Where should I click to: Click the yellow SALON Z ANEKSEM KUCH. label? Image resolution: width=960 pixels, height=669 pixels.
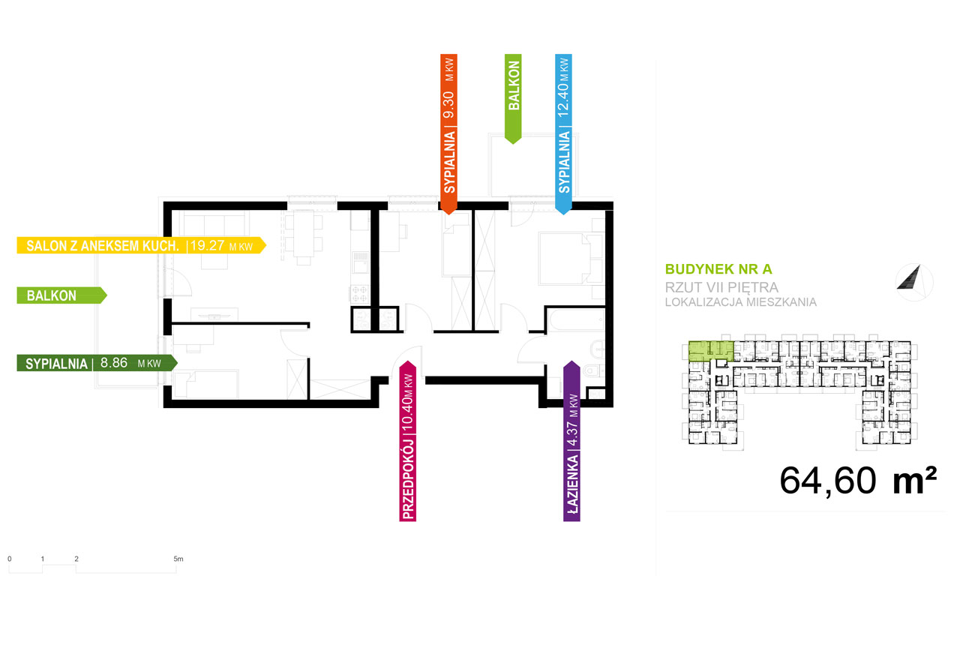point(142,245)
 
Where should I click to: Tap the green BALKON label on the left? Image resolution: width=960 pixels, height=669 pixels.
point(61,295)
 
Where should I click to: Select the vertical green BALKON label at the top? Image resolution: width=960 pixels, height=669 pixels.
point(513,99)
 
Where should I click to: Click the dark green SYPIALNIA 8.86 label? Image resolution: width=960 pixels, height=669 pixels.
point(97,363)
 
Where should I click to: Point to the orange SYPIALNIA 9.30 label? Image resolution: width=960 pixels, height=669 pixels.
point(448,134)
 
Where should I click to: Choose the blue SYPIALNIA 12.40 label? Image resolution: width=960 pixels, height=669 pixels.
point(563,134)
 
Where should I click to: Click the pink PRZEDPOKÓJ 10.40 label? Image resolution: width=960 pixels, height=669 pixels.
point(407,441)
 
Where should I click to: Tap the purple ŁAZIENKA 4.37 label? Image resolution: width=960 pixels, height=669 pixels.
point(571,441)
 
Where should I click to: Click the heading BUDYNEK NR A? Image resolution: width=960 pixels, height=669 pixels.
point(718,269)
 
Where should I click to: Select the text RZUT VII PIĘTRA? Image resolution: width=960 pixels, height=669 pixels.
point(721,287)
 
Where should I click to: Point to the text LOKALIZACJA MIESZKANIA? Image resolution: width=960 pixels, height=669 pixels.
point(740,302)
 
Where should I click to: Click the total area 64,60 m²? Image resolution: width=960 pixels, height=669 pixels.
point(858,481)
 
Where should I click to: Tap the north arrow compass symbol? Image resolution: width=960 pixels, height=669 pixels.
point(913,282)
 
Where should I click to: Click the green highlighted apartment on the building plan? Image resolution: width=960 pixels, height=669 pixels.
point(710,350)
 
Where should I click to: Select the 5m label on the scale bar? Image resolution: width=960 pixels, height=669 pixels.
point(178,559)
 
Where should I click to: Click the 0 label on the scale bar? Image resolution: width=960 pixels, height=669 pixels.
point(10,559)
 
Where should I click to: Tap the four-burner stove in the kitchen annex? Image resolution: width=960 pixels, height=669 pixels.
point(359,295)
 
